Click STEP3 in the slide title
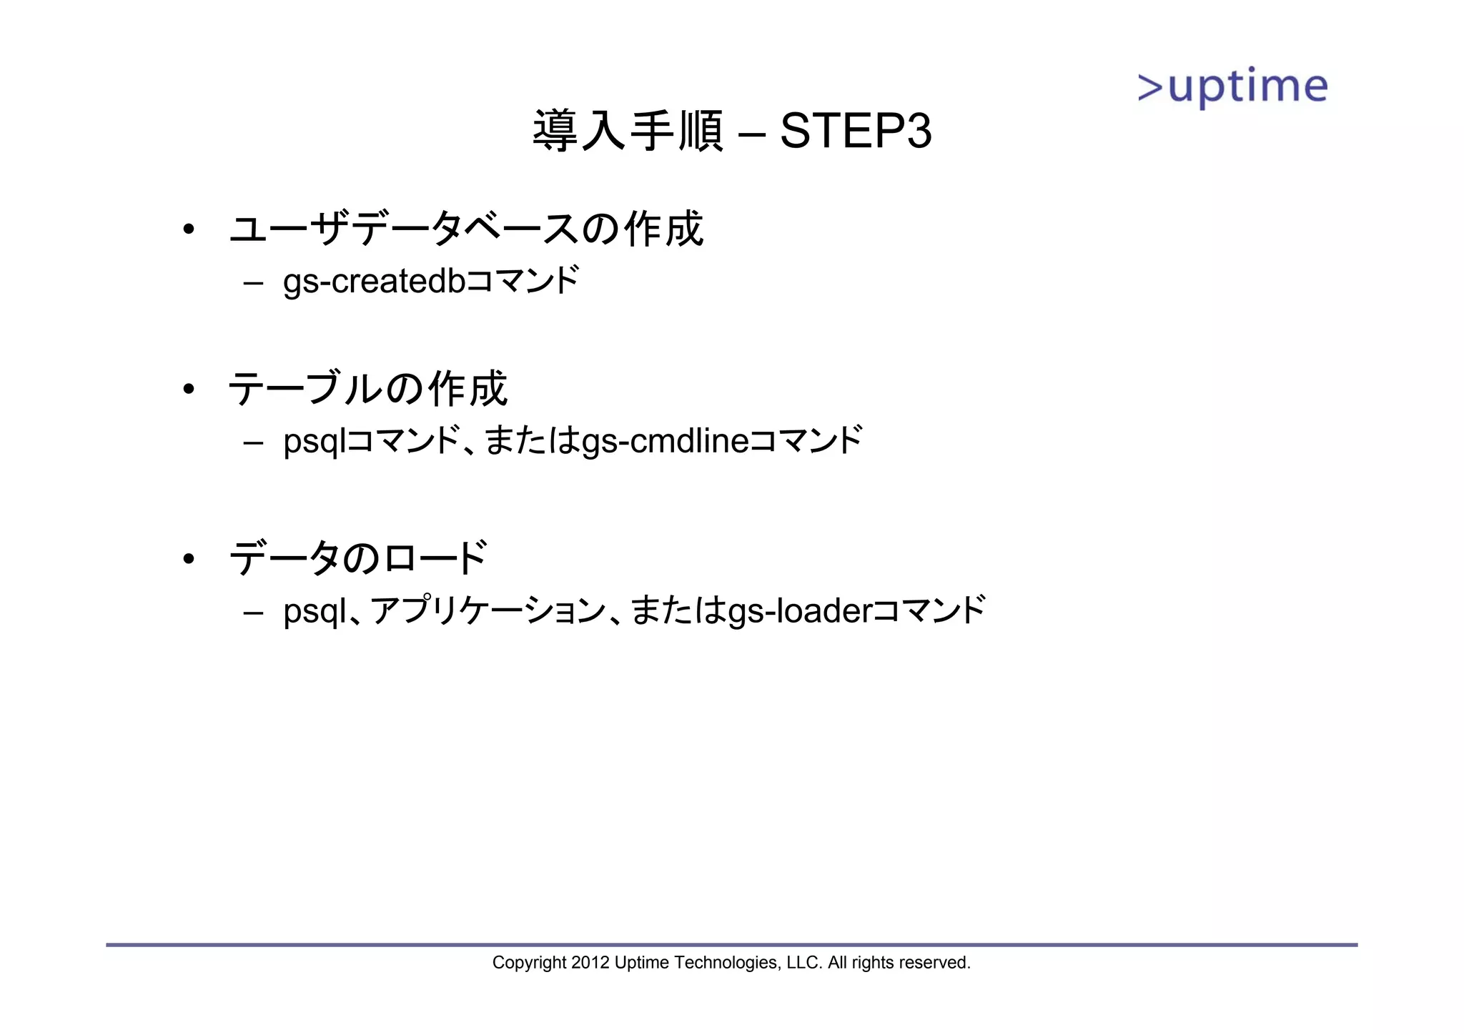856,132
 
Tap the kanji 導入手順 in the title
628,132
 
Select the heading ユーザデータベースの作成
466,229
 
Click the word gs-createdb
375,281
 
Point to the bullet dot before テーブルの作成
189,390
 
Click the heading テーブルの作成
367,390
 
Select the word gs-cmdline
666,441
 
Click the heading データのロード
358,558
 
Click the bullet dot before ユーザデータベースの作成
189,230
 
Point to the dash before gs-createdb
252,282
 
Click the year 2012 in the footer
590,963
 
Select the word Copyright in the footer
529,964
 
